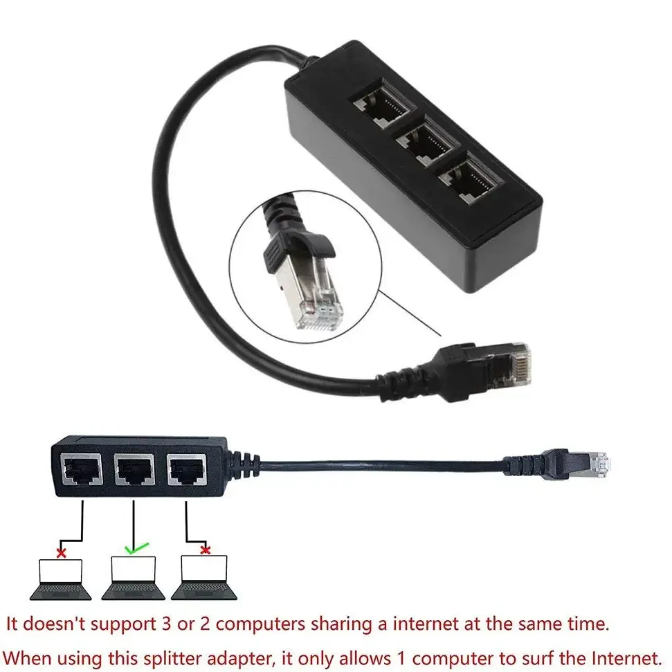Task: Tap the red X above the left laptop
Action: pos(62,552)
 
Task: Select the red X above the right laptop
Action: pos(205,550)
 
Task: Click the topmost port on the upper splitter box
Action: pos(381,110)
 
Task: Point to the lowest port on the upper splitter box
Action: pos(469,178)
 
